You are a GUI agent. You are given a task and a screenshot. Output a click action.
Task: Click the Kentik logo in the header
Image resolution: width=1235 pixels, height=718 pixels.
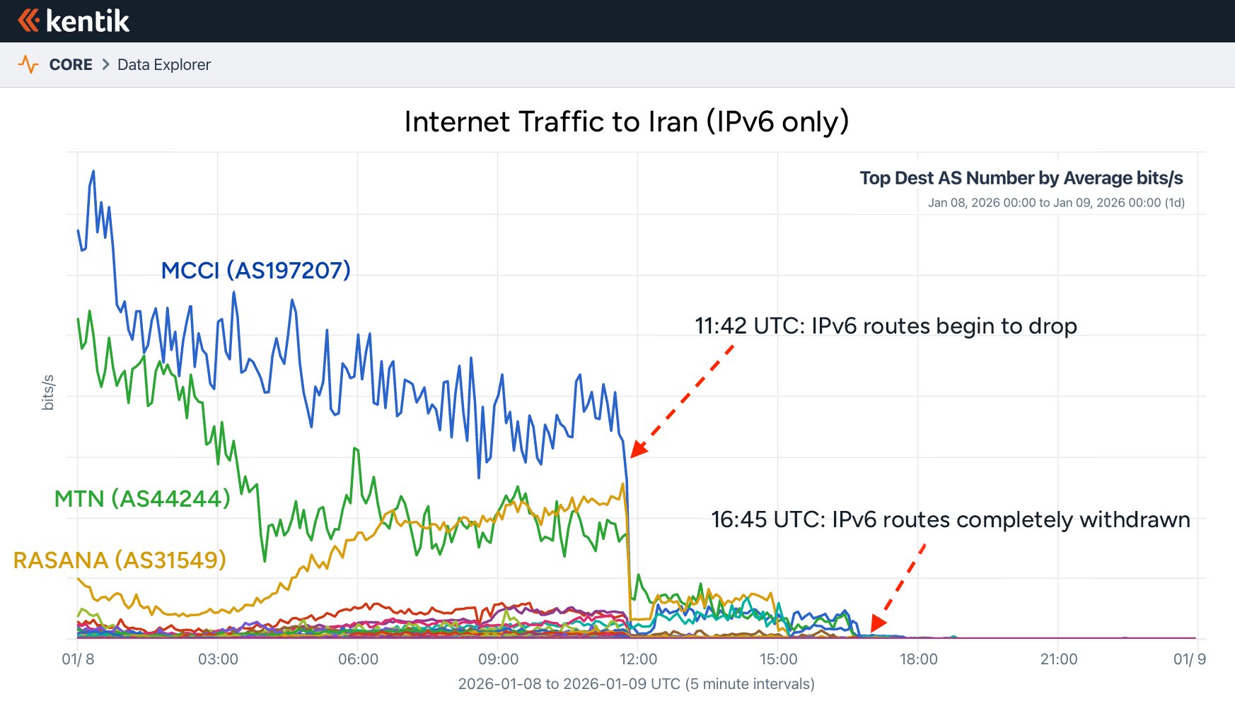[74, 21]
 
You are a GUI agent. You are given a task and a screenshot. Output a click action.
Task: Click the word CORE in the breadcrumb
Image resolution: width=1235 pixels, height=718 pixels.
[71, 65]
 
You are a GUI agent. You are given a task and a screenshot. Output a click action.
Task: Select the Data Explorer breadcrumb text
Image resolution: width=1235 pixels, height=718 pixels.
[164, 65]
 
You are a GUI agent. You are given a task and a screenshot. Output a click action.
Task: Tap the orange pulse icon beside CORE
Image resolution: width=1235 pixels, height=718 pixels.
[28, 65]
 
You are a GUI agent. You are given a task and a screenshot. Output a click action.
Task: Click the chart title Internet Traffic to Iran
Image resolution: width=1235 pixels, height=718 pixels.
[626, 122]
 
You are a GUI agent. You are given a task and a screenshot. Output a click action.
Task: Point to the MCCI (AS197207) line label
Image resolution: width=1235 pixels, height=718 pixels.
[255, 270]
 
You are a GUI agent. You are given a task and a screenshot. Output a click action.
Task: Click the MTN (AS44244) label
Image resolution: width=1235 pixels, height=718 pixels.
[142, 499]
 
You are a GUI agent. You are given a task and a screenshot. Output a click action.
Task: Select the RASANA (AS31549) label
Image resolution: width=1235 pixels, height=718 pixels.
[120, 560]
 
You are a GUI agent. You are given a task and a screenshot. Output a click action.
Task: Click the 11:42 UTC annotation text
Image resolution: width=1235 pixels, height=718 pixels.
[886, 326]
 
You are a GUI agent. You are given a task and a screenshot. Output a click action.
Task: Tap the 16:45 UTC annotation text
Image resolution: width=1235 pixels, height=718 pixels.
[950, 520]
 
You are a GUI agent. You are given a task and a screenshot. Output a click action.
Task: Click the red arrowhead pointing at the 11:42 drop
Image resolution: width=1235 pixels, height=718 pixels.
[637, 449]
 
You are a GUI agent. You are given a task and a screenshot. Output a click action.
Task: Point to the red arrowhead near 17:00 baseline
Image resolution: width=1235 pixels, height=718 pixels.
[877, 623]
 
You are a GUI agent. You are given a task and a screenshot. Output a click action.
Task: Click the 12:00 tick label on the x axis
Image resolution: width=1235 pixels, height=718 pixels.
[638, 659]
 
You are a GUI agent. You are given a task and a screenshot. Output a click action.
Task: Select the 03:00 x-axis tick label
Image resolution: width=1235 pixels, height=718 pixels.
[218, 659]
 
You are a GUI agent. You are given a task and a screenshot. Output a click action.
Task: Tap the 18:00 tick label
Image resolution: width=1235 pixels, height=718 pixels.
[918, 659]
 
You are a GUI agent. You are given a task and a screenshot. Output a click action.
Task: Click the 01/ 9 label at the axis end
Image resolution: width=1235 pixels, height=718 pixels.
[1190, 659]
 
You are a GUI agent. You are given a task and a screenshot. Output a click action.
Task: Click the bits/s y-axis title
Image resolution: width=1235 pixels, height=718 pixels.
[48, 392]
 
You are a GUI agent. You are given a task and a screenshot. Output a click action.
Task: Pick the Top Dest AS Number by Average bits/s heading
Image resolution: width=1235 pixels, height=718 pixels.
[1021, 178]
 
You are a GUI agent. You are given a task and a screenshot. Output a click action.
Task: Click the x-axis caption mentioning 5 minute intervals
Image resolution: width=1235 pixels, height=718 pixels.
[636, 684]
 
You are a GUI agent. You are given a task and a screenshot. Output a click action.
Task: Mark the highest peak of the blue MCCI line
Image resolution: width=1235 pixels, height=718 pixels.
[93, 171]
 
